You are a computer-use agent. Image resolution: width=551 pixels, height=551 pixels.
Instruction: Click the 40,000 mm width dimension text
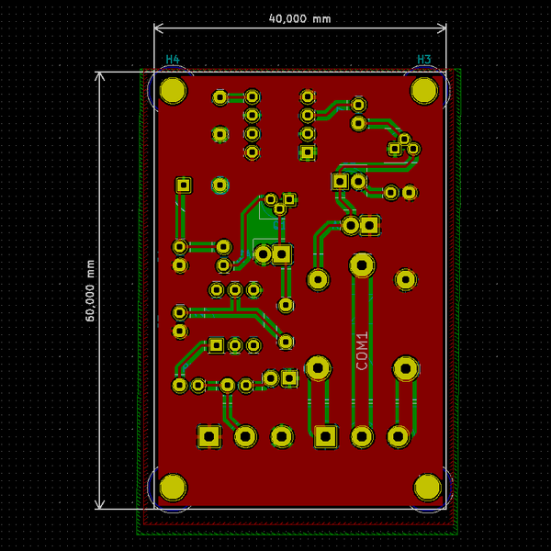tap(298, 18)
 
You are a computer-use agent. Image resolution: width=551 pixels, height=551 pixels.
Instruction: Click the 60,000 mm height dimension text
tap(90, 289)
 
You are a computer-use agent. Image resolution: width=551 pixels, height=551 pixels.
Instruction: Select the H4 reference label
tap(172, 60)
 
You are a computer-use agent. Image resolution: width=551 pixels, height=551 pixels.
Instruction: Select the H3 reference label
tap(423, 60)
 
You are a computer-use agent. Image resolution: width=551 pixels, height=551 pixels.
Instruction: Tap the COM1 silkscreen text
tap(362, 350)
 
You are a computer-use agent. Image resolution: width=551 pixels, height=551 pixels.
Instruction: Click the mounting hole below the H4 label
tap(172, 90)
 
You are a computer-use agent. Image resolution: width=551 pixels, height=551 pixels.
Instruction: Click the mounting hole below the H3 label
tap(424, 90)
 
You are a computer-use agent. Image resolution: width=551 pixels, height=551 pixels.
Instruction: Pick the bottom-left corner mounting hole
tap(173, 487)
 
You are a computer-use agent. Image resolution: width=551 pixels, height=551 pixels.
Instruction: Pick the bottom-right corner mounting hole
tap(428, 487)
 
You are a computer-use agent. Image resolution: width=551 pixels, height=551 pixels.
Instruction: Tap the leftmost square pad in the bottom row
tap(209, 435)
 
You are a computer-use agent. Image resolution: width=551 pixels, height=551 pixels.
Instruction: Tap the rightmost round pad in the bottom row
tap(399, 436)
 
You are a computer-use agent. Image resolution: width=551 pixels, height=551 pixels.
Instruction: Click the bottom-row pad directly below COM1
tap(362, 436)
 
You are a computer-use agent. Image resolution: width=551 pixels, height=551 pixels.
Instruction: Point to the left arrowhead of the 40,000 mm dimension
tap(157, 28)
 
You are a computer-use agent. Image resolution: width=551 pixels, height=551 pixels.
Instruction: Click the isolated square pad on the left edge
tap(184, 185)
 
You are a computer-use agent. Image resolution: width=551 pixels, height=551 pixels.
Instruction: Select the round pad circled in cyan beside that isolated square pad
tap(219, 185)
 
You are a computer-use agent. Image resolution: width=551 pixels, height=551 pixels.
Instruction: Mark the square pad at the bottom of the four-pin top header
tap(308, 152)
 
